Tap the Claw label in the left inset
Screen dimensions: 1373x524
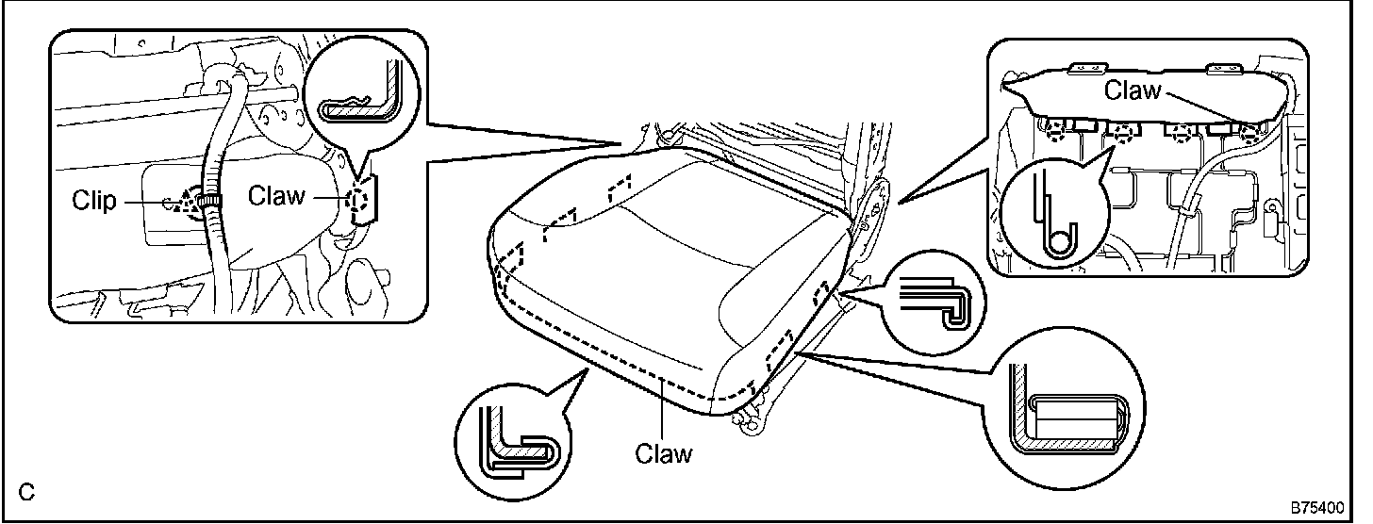276,196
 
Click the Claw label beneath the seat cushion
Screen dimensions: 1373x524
663,453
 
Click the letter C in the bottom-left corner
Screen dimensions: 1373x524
26,491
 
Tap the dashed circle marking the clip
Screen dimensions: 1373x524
198,201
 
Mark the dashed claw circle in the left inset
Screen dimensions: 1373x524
359,200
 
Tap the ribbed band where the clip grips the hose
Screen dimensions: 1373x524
212,201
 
